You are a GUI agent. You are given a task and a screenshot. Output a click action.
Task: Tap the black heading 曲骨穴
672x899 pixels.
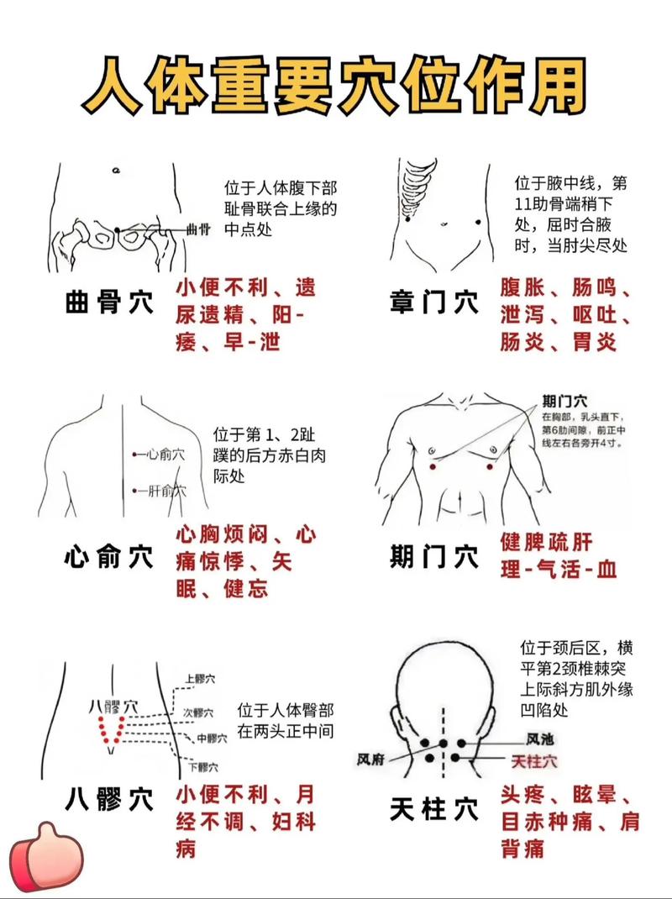(x=109, y=303)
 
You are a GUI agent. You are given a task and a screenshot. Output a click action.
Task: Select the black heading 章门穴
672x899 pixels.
(x=434, y=302)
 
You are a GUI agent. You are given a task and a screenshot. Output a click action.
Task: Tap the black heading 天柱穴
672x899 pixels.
(x=434, y=809)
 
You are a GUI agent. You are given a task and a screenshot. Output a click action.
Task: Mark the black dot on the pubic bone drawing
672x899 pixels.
(x=118, y=230)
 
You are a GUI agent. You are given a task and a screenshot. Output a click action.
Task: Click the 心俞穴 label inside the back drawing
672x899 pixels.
(x=164, y=455)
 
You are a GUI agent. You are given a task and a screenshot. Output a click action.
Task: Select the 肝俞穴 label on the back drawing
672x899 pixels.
(x=165, y=491)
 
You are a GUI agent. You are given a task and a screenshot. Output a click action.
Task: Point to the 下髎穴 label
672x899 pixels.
(x=203, y=766)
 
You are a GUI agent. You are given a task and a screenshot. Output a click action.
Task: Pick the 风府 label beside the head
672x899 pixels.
(x=370, y=759)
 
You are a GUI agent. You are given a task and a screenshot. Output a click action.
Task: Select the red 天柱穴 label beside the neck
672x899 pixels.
(x=534, y=761)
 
